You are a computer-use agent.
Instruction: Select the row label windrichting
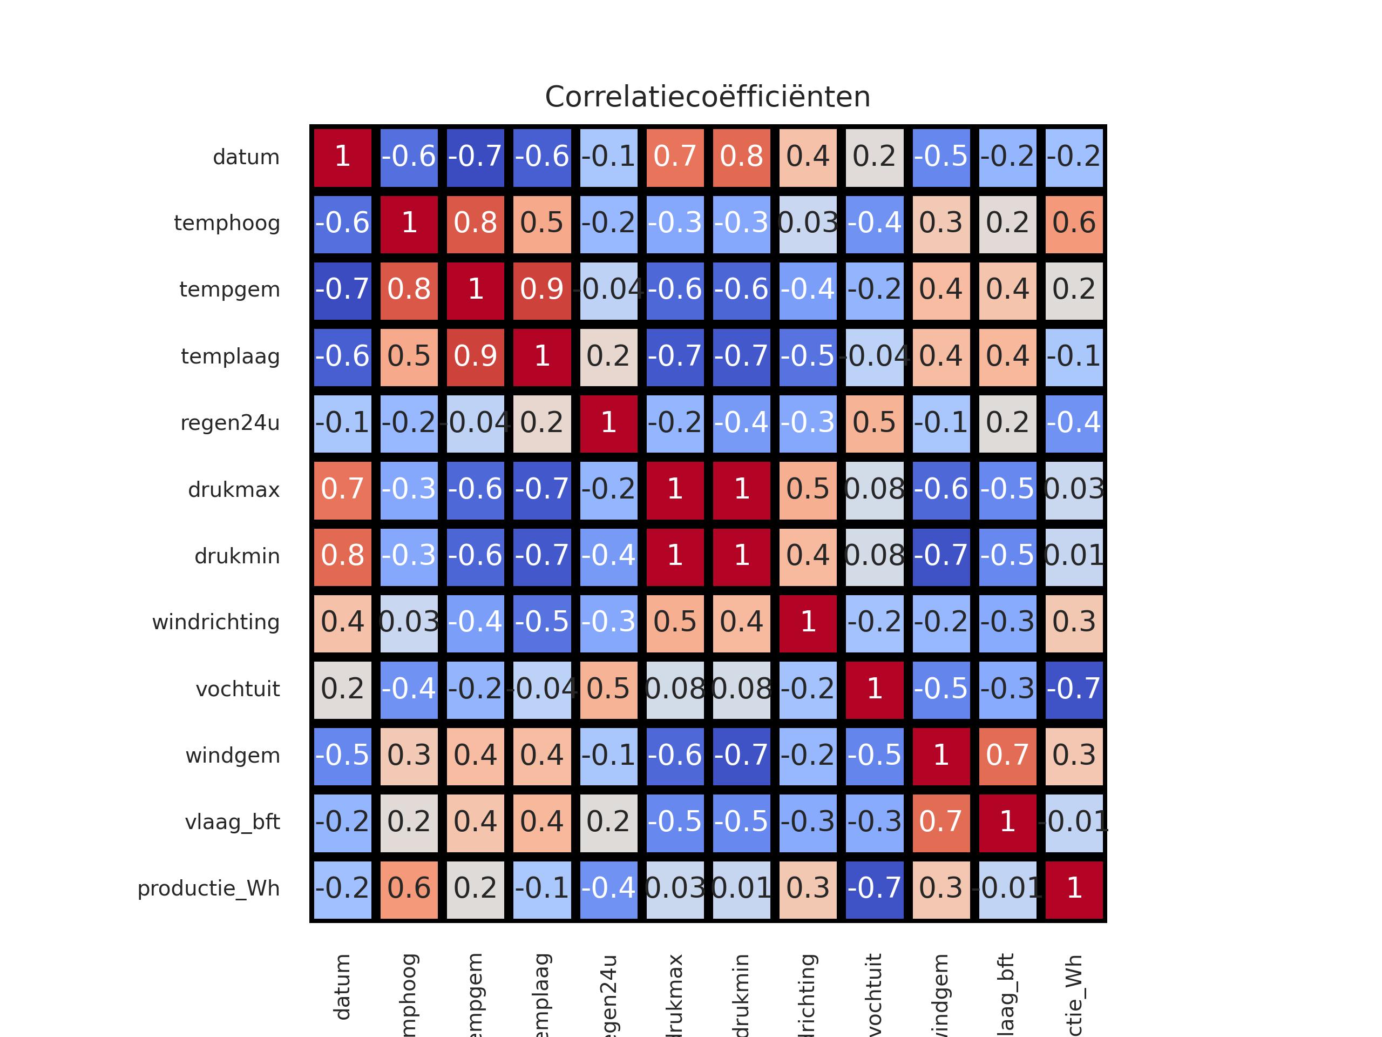tap(215, 623)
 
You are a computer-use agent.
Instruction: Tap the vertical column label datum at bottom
tap(342, 988)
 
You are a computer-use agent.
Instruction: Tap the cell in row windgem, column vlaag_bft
tap(1008, 756)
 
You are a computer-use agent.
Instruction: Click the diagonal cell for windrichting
tap(808, 623)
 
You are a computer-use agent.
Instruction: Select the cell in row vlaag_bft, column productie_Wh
tap(1074, 822)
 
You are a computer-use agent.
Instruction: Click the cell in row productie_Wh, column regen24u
tap(608, 888)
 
